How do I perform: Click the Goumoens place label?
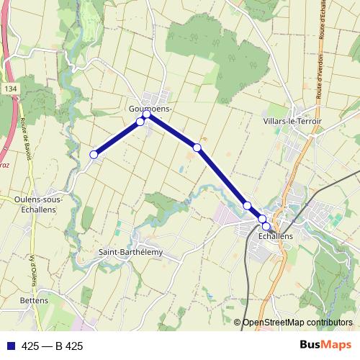[x=149, y=108]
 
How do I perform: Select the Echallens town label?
[x=275, y=235]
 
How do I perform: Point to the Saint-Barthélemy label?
[x=130, y=252]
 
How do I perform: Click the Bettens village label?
[x=34, y=300]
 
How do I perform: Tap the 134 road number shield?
[x=9, y=89]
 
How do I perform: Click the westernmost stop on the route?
[x=94, y=154]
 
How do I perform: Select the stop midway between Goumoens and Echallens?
[x=197, y=148]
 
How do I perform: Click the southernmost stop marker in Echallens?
[x=266, y=226]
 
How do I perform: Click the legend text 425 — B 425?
[x=53, y=346]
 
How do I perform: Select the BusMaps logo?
[x=325, y=346]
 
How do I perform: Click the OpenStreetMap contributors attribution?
[x=297, y=323]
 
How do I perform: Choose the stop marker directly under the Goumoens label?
[x=147, y=114]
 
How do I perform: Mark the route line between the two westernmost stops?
[x=117, y=138]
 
